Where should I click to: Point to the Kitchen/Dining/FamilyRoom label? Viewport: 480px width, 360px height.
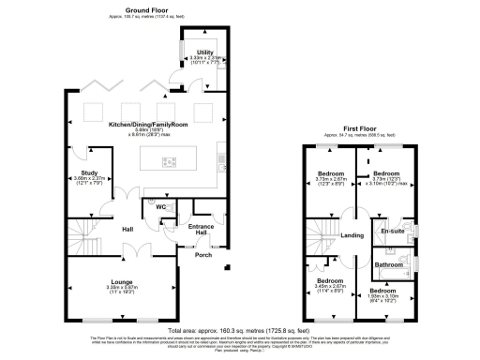tap(148, 125)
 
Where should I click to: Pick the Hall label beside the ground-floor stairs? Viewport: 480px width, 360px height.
tap(127, 228)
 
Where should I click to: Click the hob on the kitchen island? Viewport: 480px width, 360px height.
tap(170, 162)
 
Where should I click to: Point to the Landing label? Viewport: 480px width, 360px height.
tap(352, 235)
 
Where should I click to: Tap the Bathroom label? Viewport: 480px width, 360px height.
tap(389, 264)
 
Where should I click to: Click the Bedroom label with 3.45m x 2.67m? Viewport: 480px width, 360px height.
tap(329, 280)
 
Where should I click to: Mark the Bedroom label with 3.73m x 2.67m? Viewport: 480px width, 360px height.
tap(329, 174)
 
